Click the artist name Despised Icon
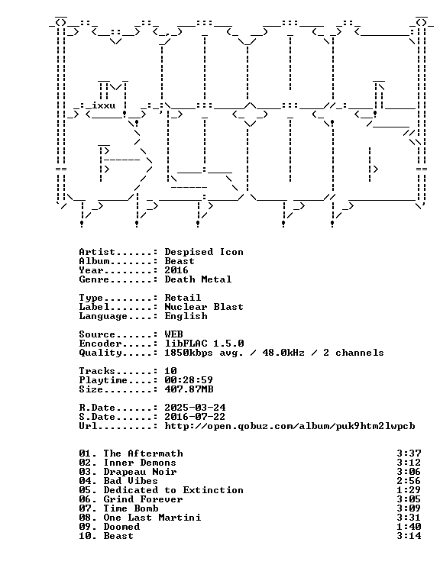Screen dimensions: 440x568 coord(204,252)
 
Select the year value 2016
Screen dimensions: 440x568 coord(176,270)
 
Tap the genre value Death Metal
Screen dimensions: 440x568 coord(198,279)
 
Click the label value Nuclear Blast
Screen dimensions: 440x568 coord(204,307)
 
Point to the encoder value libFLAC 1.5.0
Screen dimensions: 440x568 coord(204,344)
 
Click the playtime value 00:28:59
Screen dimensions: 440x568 coord(189,380)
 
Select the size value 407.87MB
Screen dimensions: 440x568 coord(189,389)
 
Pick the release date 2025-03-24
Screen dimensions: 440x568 coord(195,408)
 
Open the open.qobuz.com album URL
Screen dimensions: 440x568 coord(290,426)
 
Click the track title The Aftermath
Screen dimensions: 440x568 coord(143,453)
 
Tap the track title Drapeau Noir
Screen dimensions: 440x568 coord(140,472)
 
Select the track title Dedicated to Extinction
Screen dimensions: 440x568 coord(173,490)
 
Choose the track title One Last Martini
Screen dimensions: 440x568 coord(152,518)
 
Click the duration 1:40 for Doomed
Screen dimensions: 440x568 coord(409,527)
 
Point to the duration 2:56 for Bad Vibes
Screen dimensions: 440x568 coord(409,481)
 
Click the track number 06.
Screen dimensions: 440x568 coord(85,499)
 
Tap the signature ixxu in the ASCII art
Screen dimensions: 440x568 coord(104,105)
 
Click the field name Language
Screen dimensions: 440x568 coord(103,316)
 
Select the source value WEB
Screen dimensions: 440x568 coord(173,334)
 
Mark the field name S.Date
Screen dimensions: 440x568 coord(97,417)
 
